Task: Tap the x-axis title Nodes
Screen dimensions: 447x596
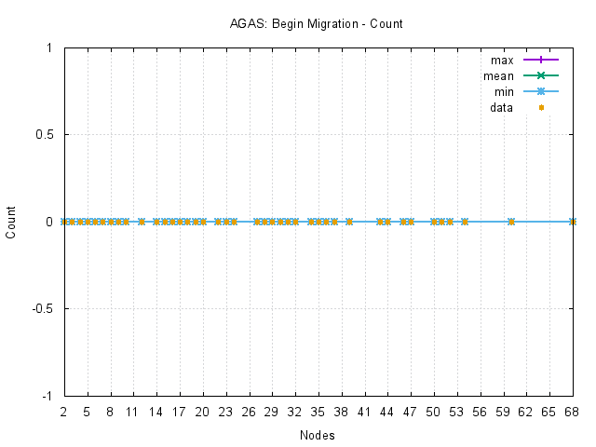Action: tap(318, 435)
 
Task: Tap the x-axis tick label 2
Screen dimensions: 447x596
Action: tap(63, 411)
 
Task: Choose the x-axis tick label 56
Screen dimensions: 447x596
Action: tap(480, 411)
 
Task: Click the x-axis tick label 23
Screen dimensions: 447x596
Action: tap(225, 411)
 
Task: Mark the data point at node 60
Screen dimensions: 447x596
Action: tap(511, 222)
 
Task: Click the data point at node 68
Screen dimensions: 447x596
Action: tap(573, 222)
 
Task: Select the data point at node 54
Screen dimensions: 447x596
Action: tap(465, 222)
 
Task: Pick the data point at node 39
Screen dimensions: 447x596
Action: tap(349, 222)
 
